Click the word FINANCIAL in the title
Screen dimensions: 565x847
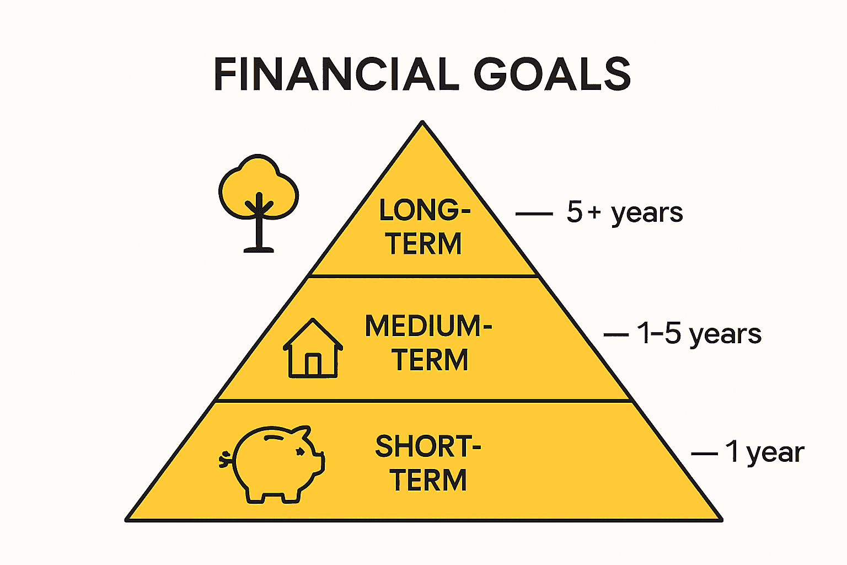click(x=336, y=74)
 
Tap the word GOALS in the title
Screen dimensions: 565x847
click(x=552, y=74)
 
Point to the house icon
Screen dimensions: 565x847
click(x=313, y=348)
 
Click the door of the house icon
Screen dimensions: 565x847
click(x=313, y=365)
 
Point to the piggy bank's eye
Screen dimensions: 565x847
click(x=301, y=451)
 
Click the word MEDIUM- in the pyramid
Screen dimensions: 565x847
click(x=428, y=326)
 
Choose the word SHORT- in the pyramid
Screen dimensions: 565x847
click(x=428, y=446)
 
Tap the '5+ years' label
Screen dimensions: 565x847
click(x=625, y=212)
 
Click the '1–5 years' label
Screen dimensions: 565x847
click(x=699, y=334)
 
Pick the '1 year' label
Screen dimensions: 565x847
click(x=764, y=452)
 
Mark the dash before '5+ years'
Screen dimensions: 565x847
click(x=533, y=214)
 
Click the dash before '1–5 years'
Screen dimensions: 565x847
click(x=616, y=334)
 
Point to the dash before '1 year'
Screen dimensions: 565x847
click(x=704, y=454)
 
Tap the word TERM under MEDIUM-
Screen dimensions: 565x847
click(x=430, y=360)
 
